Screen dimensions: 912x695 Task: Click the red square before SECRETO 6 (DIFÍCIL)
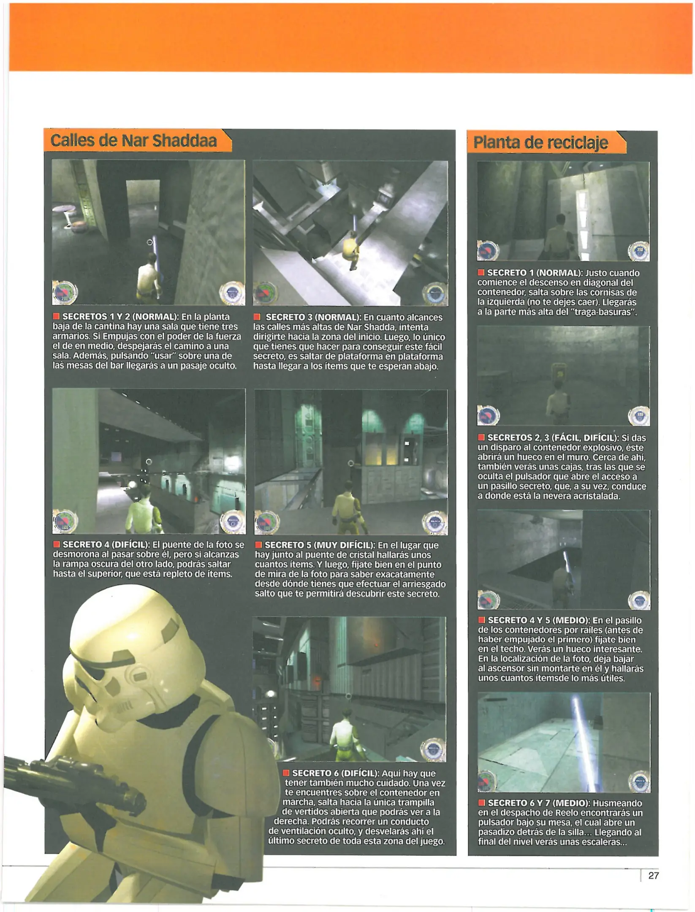(286, 773)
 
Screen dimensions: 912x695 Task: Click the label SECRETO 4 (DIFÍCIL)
(106, 545)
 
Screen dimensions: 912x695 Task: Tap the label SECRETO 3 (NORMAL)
(313, 317)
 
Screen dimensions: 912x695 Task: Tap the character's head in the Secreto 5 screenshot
(348, 486)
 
